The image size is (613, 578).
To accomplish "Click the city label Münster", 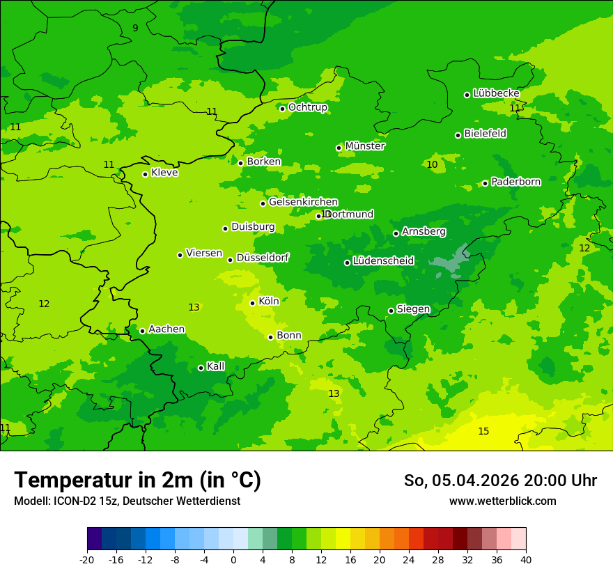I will (x=364, y=146).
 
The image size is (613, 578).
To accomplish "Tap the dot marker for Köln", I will (x=253, y=303).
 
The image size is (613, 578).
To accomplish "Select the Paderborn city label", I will (x=515, y=182).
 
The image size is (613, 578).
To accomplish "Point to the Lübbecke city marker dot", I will (x=467, y=95).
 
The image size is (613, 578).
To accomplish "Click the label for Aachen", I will (x=166, y=329).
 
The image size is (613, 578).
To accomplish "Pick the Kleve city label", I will (x=164, y=172).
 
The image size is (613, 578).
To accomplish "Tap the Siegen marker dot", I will (x=391, y=311).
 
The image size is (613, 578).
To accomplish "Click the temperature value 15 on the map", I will (x=483, y=431).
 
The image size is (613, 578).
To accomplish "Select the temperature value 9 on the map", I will (x=135, y=28).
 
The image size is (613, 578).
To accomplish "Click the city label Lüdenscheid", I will (x=383, y=261).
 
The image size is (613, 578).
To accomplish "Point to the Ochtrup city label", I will (x=307, y=107).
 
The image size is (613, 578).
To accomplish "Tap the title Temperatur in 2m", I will (x=138, y=480).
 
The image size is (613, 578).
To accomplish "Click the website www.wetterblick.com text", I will (x=502, y=501).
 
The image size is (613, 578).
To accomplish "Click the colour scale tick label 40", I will (x=526, y=559).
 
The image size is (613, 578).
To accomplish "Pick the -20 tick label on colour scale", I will (x=87, y=559).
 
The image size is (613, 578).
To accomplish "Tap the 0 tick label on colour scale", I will (x=233, y=559).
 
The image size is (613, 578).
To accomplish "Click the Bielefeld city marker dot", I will (x=458, y=135).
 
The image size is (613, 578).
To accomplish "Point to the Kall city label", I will (x=216, y=366).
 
